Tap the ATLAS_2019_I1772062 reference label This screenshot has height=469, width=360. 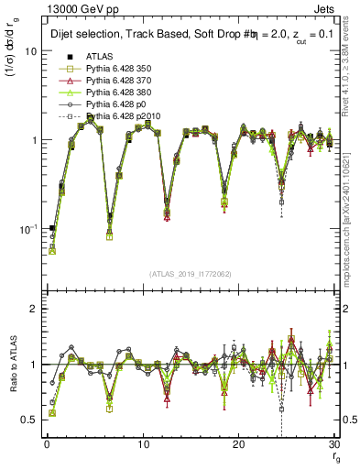click(x=190, y=272)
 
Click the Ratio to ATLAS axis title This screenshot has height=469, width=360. click(x=15, y=364)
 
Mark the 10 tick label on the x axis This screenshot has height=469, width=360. click(x=142, y=445)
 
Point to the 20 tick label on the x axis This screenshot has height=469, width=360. click(x=238, y=445)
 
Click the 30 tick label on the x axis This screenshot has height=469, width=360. click(x=333, y=445)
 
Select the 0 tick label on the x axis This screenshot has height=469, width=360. click(x=47, y=445)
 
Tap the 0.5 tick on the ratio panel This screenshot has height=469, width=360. click(x=32, y=420)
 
